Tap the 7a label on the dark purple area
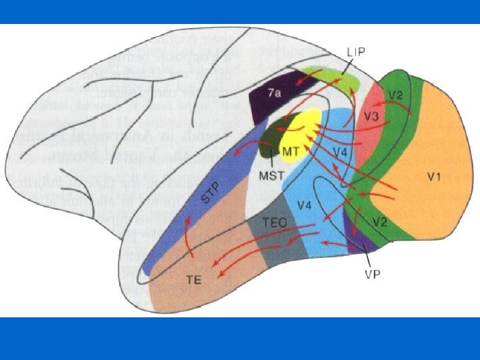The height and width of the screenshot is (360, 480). tap(273, 95)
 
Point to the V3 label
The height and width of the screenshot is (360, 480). tap(372, 117)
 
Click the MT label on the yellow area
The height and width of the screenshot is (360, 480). tap(290, 151)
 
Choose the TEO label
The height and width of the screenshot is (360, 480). tap(274, 224)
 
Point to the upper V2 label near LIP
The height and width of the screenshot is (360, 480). tap(396, 95)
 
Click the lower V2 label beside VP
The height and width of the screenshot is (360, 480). tap(379, 222)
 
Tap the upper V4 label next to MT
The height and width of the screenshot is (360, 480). tap(340, 153)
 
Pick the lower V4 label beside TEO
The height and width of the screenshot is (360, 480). tap(304, 206)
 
